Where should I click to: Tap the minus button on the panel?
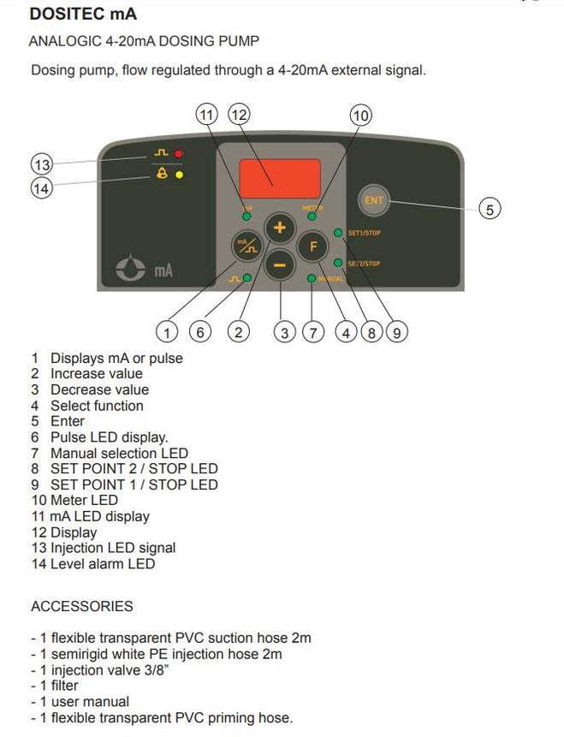point(279,264)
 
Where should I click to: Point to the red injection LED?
point(179,154)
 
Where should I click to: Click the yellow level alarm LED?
point(179,174)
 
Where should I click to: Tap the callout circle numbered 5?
point(489,208)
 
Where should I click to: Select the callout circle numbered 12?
point(239,115)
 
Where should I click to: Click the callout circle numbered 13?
point(41,164)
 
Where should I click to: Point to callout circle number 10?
point(361,115)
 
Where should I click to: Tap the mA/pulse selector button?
point(246,247)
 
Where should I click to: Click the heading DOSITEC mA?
point(82,15)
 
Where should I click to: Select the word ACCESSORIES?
point(82,607)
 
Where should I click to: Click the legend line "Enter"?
point(68,421)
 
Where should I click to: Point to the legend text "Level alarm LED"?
point(103,564)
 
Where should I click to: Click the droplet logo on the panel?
point(131,270)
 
